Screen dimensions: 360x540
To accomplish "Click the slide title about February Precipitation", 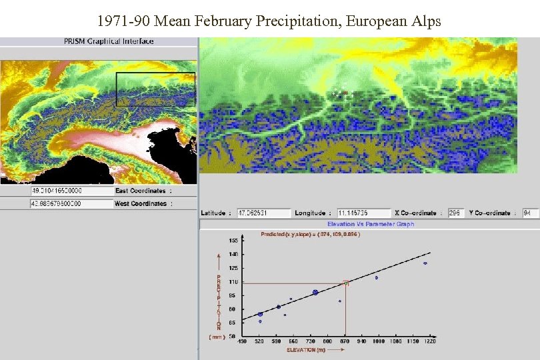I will (x=269, y=21).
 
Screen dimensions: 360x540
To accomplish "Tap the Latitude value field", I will (x=264, y=213).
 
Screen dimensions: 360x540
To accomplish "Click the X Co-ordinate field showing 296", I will (x=456, y=213).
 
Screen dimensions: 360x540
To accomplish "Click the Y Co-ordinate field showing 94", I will (x=531, y=213).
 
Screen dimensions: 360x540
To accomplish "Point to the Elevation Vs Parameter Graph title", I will (x=371, y=224).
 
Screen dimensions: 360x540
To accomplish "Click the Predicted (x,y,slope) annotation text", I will (x=311, y=234).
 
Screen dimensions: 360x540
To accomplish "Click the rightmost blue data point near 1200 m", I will (x=425, y=263).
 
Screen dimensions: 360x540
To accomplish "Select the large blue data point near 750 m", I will (x=315, y=293).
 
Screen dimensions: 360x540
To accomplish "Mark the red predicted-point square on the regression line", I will (x=345, y=283).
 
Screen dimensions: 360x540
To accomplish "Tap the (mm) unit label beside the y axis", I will (x=217, y=337).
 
